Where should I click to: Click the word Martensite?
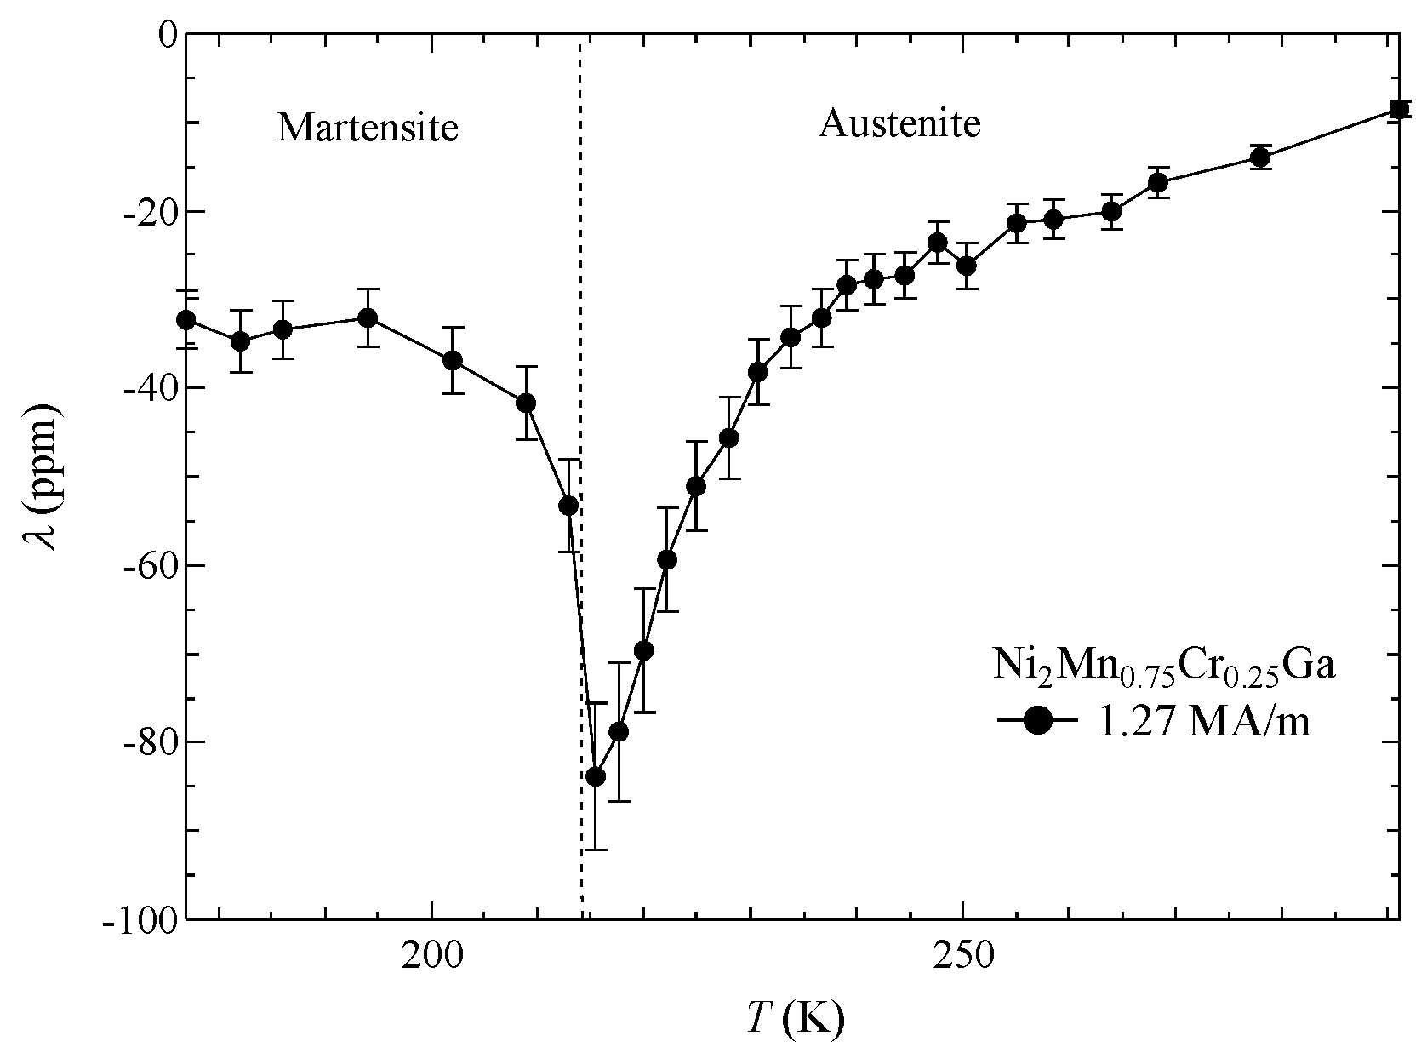(368, 128)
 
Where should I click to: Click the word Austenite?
(899, 124)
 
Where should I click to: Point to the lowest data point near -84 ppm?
(596, 776)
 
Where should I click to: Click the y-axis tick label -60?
(148, 565)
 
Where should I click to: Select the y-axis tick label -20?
(148, 211)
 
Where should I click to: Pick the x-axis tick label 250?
(962, 958)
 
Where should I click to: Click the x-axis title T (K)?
(795, 1017)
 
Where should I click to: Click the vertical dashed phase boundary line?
(580, 255)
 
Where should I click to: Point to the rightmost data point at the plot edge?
(1398, 109)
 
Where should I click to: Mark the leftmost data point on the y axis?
(186, 320)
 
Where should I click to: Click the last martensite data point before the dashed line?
(568, 505)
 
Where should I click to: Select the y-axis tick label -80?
(148, 742)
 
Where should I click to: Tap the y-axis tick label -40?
(148, 388)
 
